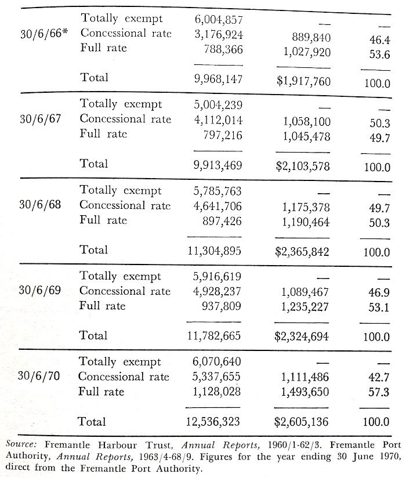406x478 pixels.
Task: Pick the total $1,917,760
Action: tap(303, 81)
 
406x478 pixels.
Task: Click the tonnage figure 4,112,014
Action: tap(219, 120)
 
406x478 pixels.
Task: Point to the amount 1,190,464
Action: tap(306, 221)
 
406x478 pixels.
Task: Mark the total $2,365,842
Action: tap(303, 253)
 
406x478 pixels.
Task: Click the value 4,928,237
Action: tap(219, 291)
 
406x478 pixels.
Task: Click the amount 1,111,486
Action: tap(306, 378)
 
